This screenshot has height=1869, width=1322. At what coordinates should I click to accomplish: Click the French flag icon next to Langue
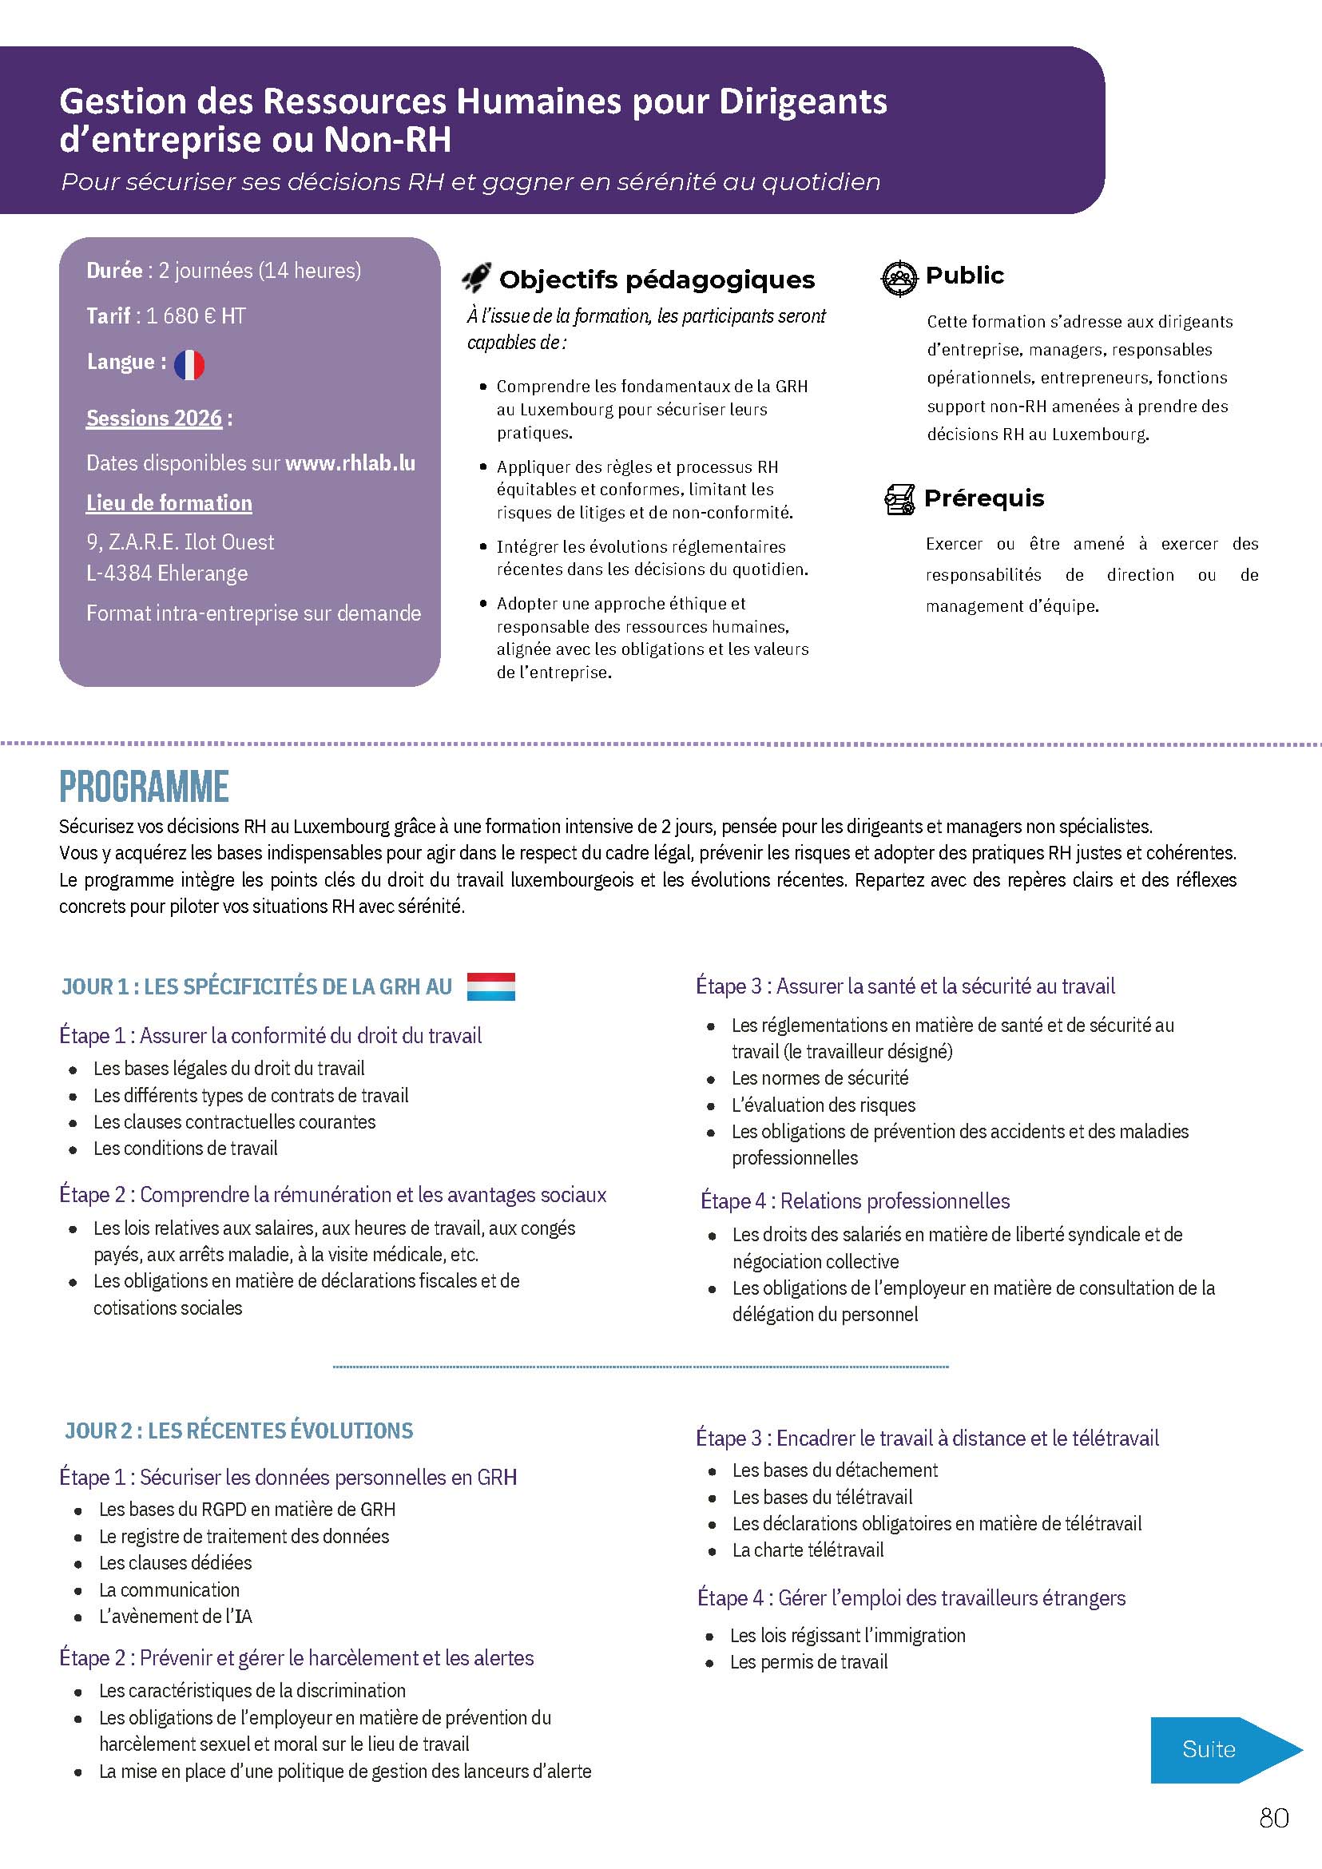[x=189, y=365]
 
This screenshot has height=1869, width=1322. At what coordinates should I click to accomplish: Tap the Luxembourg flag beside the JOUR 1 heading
[x=491, y=986]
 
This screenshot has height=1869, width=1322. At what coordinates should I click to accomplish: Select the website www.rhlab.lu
[x=350, y=463]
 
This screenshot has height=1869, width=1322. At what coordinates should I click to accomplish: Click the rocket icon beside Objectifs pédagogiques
[x=476, y=279]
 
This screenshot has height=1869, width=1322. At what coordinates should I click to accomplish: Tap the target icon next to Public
[x=899, y=278]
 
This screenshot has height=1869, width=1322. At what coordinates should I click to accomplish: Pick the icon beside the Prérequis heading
[x=899, y=499]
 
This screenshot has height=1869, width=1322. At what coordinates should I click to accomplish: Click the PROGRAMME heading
[x=144, y=787]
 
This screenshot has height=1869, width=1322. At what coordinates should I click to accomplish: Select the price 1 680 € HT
[x=196, y=315]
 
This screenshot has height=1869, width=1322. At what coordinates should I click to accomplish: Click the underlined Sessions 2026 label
[x=154, y=419]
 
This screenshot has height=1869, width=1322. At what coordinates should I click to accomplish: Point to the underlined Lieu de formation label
[x=169, y=503]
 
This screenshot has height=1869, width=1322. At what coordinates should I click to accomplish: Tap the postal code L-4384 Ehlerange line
[x=167, y=573]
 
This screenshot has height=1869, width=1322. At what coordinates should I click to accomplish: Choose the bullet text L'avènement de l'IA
[x=175, y=1616]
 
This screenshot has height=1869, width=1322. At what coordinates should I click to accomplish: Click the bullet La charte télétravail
[x=808, y=1550]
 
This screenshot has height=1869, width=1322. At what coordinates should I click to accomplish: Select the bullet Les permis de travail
[x=808, y=1661]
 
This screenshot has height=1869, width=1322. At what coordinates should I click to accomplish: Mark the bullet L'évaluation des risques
[x=823, y=1105]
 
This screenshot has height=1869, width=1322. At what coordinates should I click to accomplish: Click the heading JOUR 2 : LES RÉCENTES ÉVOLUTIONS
[x=240, y=1431]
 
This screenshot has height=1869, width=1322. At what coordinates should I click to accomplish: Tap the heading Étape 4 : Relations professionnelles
[x=855, y=1200]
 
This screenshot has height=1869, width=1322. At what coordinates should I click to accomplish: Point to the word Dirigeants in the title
[x=803, y=101]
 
